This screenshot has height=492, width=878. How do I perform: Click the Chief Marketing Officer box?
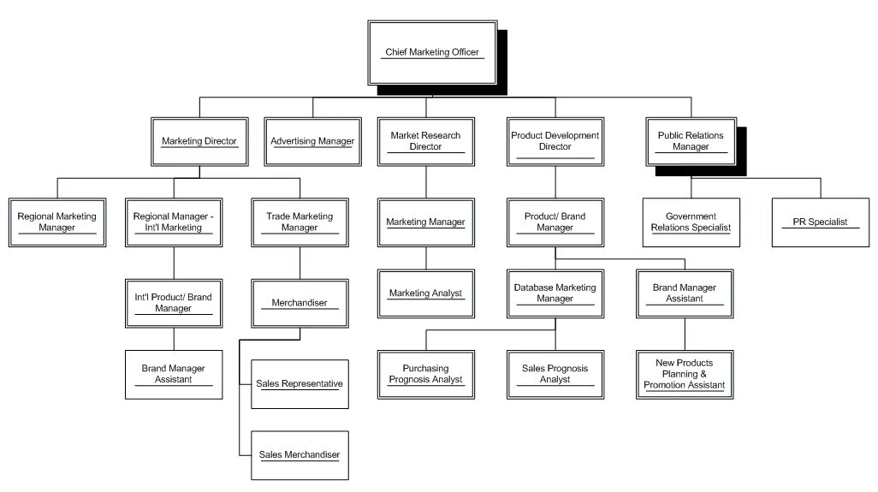pyautogui.click(x=432, y=53)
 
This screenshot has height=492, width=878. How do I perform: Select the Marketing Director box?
pyautogui.click(x=199, y=141)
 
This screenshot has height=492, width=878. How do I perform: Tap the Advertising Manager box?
pyautogui.click(x=312, y=141)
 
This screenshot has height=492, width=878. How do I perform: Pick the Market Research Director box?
pyautogui.click(x=425, y=141)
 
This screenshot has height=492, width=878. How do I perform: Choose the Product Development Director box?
pyautogui.click(x=555, y=141)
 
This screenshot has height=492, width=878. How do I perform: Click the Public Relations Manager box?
pyautogui.click(x=691, y=141)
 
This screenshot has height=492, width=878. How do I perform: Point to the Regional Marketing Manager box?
pyautogui.click(x=57, y=222)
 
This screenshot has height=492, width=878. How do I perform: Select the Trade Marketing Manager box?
pyautogui.click(x=300, y=222)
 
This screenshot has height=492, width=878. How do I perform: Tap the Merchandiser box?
pyautogui.click(x=300, y=303)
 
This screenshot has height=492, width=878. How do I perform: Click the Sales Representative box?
pyautogui.click(x=300, y=383)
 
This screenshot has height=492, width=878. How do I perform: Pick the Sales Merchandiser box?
pyautogui.click(x=300, y=454)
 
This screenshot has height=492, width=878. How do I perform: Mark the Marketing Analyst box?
pyautogui.click(x=425, y=293)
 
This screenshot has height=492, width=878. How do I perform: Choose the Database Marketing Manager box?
pyautogui.click(x=555, y=293)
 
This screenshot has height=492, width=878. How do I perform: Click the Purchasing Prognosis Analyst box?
pyautogui.click(x=425, y=374)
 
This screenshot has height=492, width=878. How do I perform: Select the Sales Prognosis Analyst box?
pyautogui.click(x=555, y=374)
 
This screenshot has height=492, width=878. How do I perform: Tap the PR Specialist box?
pyautogui.click(x=820, y=222)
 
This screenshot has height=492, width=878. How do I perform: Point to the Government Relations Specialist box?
pyautogui.click(x=691, y=222)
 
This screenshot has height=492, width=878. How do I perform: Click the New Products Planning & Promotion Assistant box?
pyautogui.click(x=684, y=374)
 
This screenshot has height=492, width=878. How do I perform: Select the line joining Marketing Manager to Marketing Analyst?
pyautogui.click(x=425, y=258)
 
